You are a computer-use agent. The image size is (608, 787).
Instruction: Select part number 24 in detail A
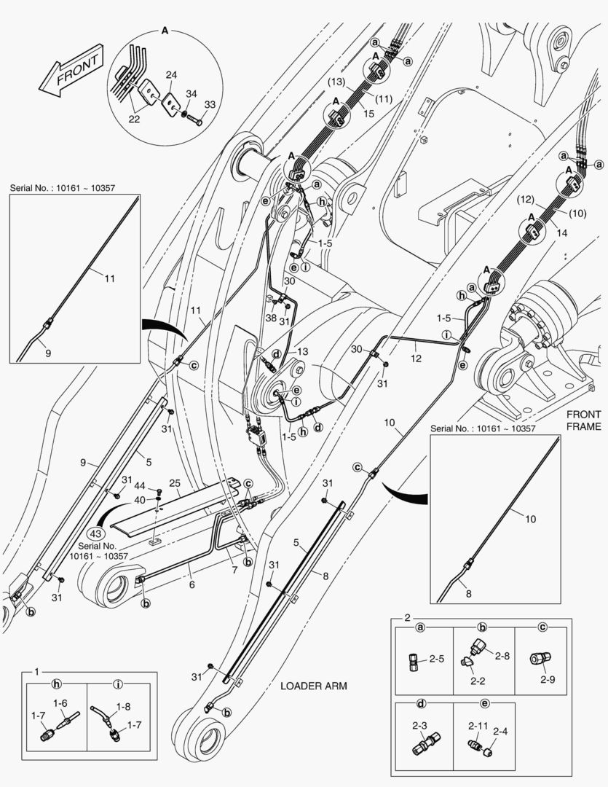(171, 74)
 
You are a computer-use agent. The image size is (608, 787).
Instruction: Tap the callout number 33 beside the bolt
(209, 104)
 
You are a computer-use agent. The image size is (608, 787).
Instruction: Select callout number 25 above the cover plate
(175, 483)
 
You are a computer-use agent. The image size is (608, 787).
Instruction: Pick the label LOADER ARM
(314, 686)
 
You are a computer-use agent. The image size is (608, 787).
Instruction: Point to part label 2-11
(478, 726)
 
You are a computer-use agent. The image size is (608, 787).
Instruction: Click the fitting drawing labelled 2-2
(466, 660)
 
